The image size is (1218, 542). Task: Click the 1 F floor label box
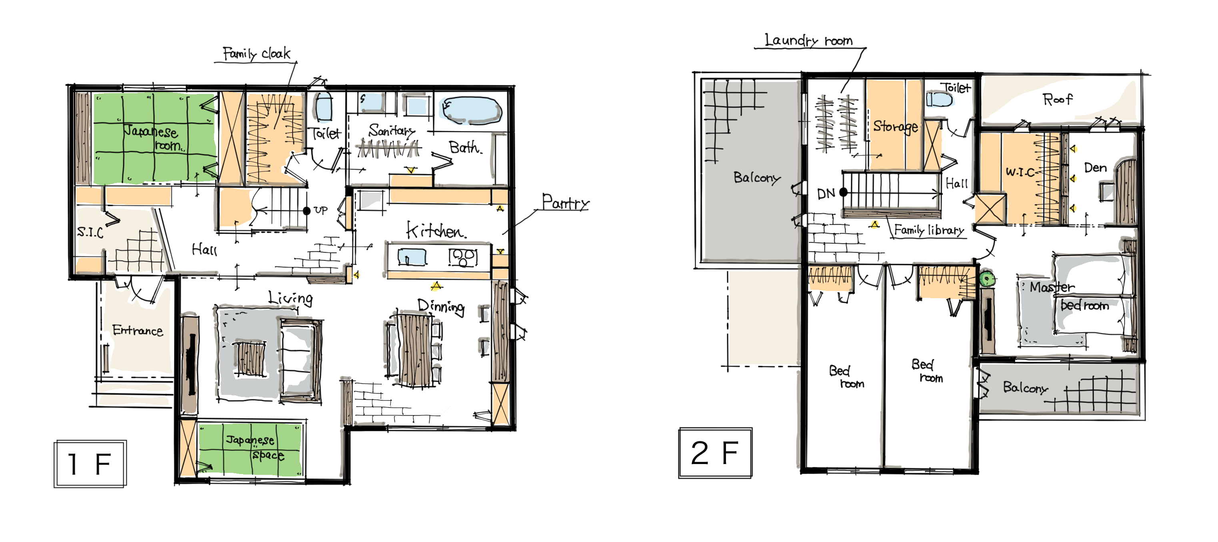(90, 463)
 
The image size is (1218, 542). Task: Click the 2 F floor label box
(715, 453)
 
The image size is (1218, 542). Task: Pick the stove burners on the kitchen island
(463, 257)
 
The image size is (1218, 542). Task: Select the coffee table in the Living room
(250, 359)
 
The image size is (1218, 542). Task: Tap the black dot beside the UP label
(306, 211)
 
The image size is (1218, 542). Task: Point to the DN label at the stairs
(826, 193)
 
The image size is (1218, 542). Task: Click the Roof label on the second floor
(1057, 99)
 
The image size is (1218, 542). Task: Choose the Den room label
(1095, 168)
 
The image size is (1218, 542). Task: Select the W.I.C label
(1020, 171)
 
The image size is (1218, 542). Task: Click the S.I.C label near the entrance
(90, 231)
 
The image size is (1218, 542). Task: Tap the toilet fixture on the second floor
(939, 99)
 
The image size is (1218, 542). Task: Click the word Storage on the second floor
(896, 126)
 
